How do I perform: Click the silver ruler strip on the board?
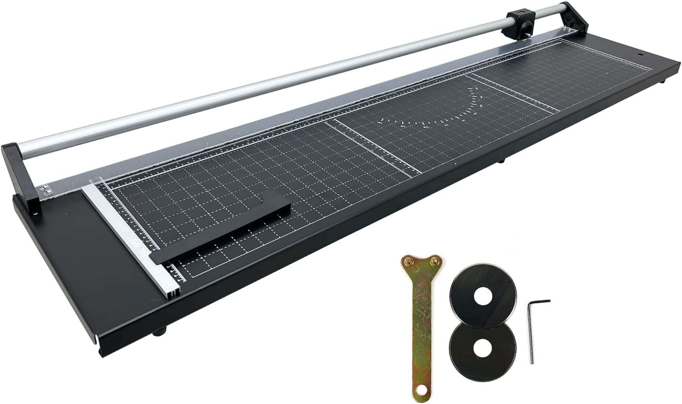(130, 240)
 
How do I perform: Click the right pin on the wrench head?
(433, 262)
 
